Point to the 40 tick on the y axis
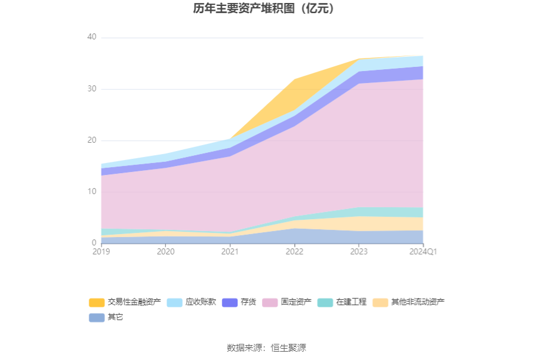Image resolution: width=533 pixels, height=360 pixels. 91,38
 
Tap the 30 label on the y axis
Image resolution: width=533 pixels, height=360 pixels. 91,89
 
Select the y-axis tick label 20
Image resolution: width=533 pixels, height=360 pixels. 91,140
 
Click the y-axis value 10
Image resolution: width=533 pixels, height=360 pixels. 91,192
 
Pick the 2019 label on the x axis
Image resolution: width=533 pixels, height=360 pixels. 101,252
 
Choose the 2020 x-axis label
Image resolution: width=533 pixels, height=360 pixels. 165,252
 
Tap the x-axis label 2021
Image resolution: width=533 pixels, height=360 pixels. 230,252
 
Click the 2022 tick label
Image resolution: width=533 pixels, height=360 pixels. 294,252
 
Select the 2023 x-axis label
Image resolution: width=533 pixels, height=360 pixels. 359,252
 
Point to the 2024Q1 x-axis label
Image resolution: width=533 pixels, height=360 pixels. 423,252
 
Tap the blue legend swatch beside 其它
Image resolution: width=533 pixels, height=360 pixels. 97,318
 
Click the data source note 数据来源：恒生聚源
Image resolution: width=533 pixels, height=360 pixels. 266,348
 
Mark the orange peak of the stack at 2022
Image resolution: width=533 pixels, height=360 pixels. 294,79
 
